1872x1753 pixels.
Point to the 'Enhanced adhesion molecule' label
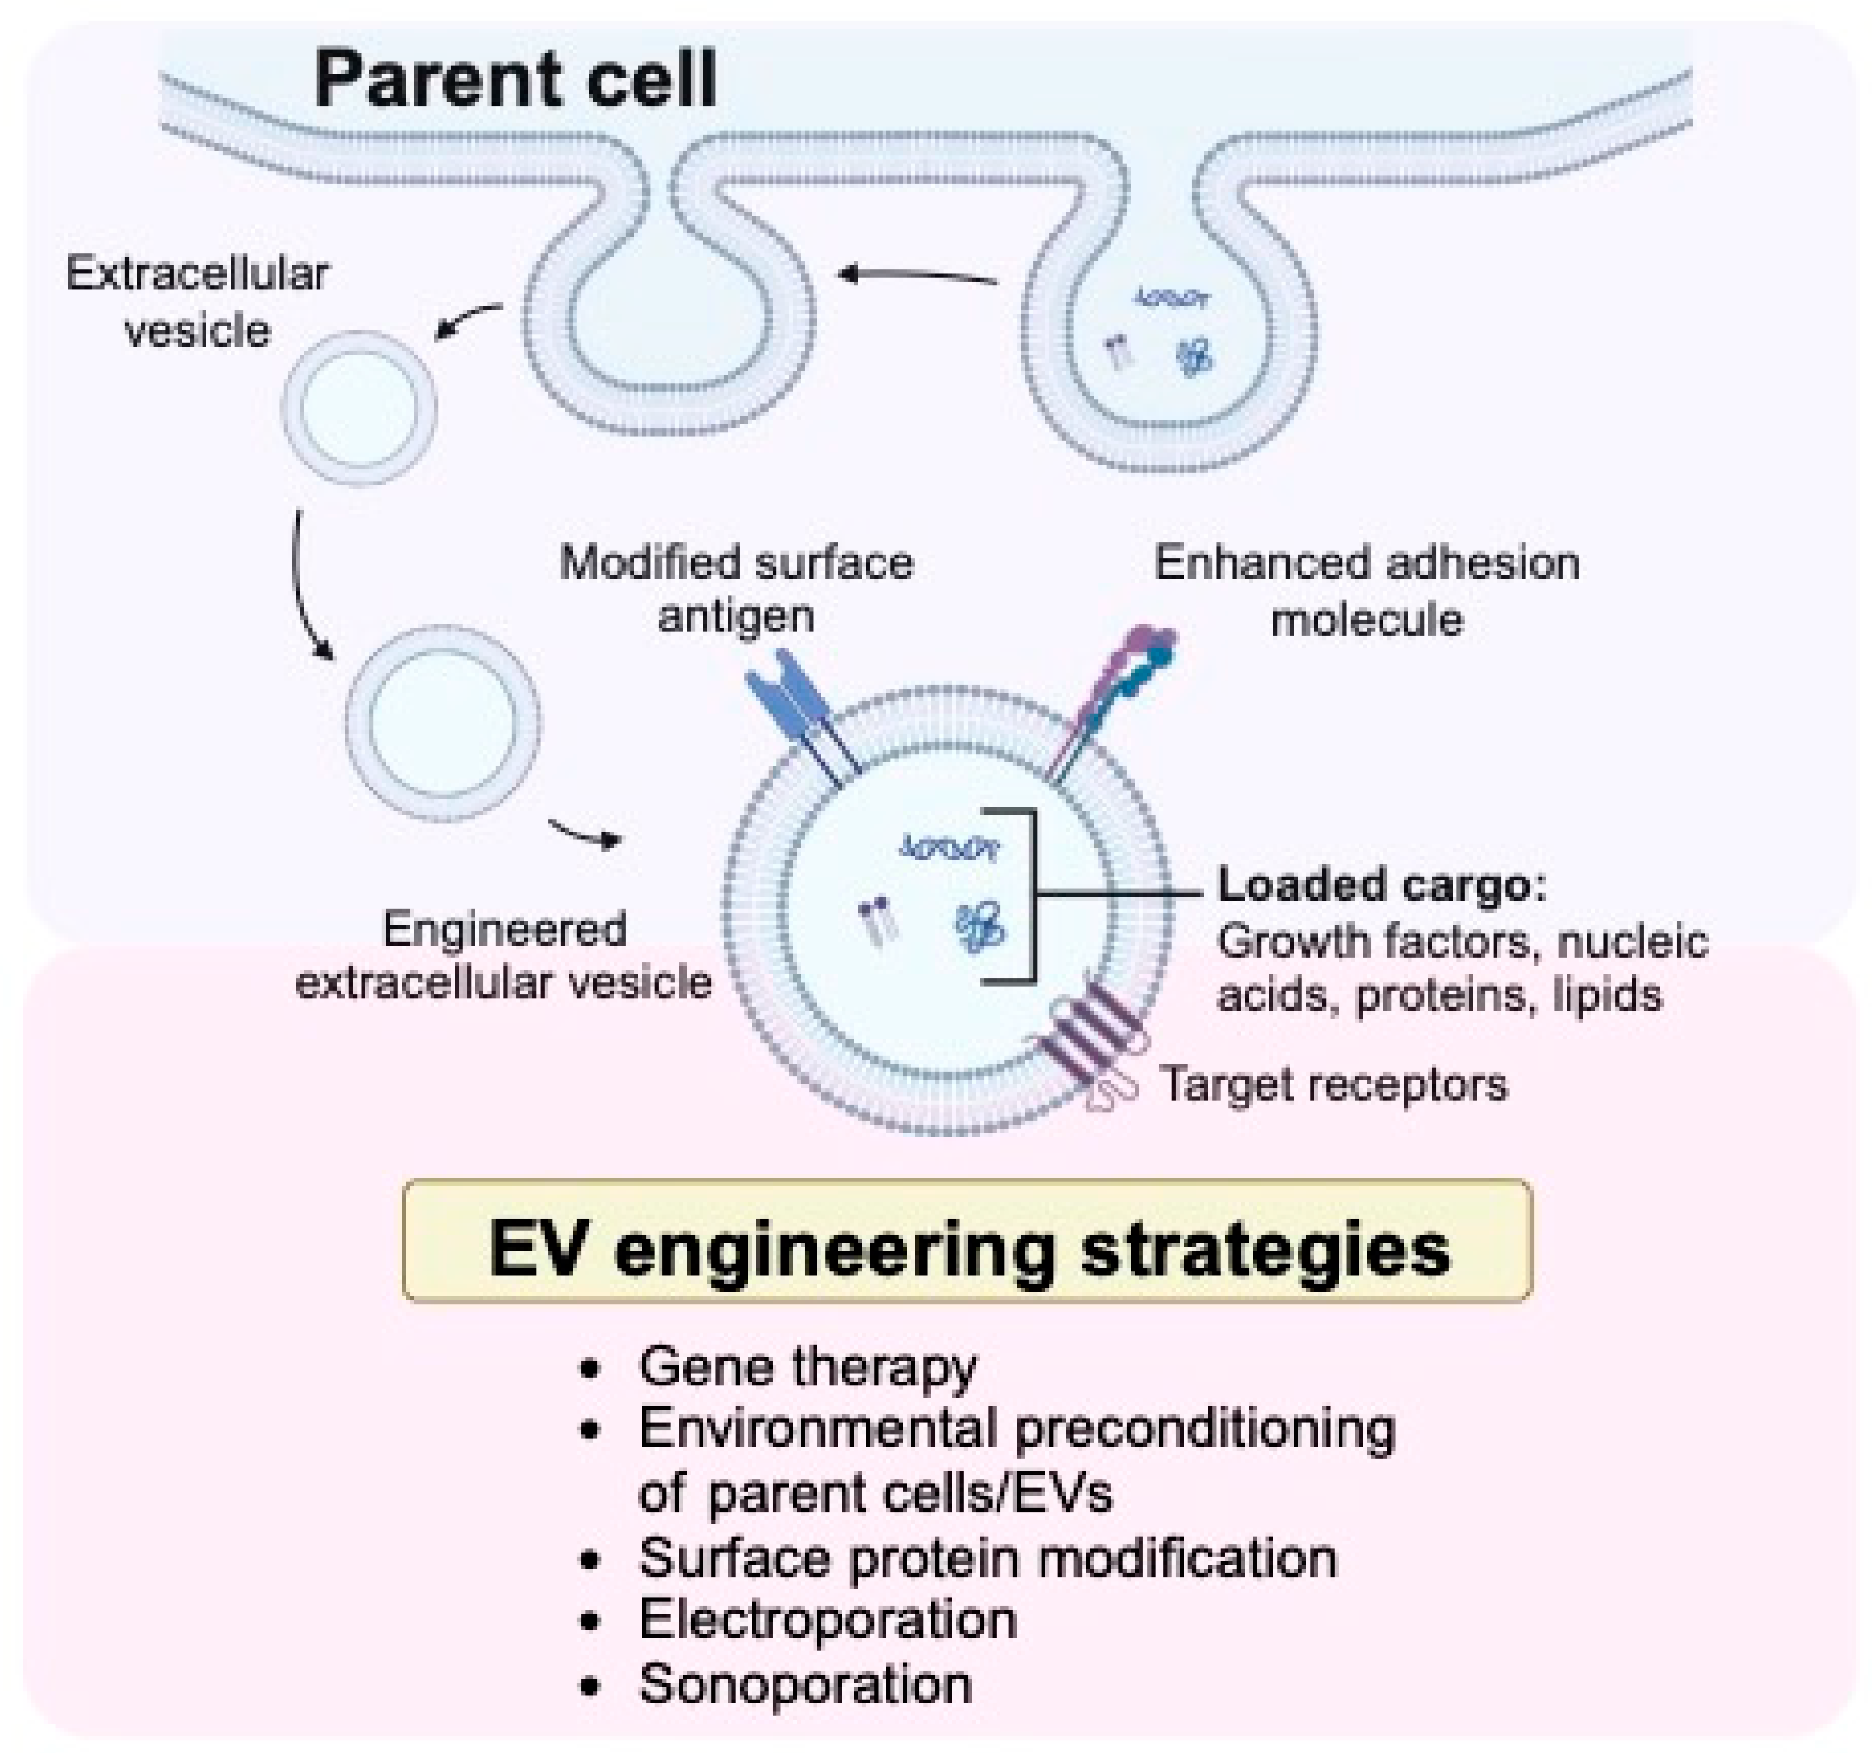pos(1367,590)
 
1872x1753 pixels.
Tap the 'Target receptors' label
pos(1333,1084)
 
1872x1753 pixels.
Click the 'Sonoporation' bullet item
pos(805,1684)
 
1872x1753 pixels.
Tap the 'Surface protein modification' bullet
pos(987,1557)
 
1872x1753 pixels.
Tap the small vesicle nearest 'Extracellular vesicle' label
pos(359,408)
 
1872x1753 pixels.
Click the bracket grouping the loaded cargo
pos(1031,895)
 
